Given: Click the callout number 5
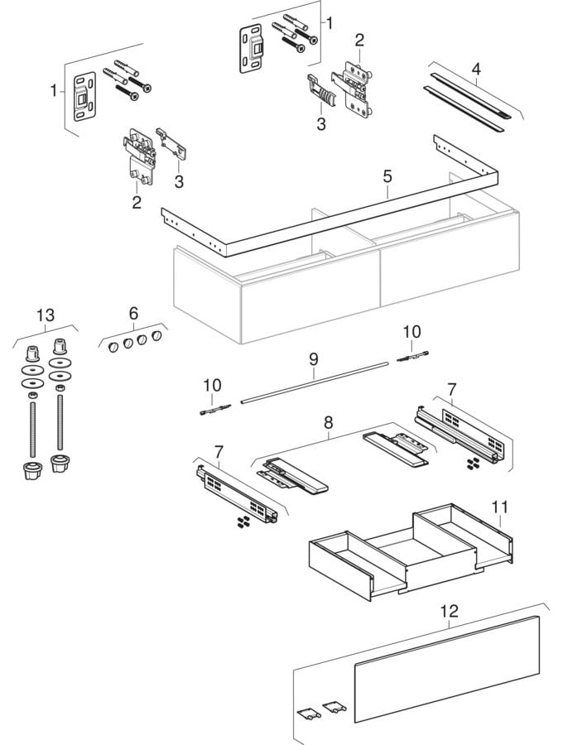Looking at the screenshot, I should click(x=386, y=176).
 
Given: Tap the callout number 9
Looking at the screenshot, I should click(x=314, y=360).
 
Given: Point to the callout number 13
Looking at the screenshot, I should click(x=45, y=315).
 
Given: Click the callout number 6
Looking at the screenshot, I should click(x=133, y=313).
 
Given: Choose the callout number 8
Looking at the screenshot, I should click(x=328, y=422).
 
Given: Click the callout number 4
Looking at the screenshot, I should click(x=475, y=69).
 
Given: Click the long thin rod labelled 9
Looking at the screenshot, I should click(x=315, y=382).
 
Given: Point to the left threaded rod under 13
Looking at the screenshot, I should click(x=32, y=426).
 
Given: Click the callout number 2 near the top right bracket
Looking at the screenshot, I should click(x=359, y=39).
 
